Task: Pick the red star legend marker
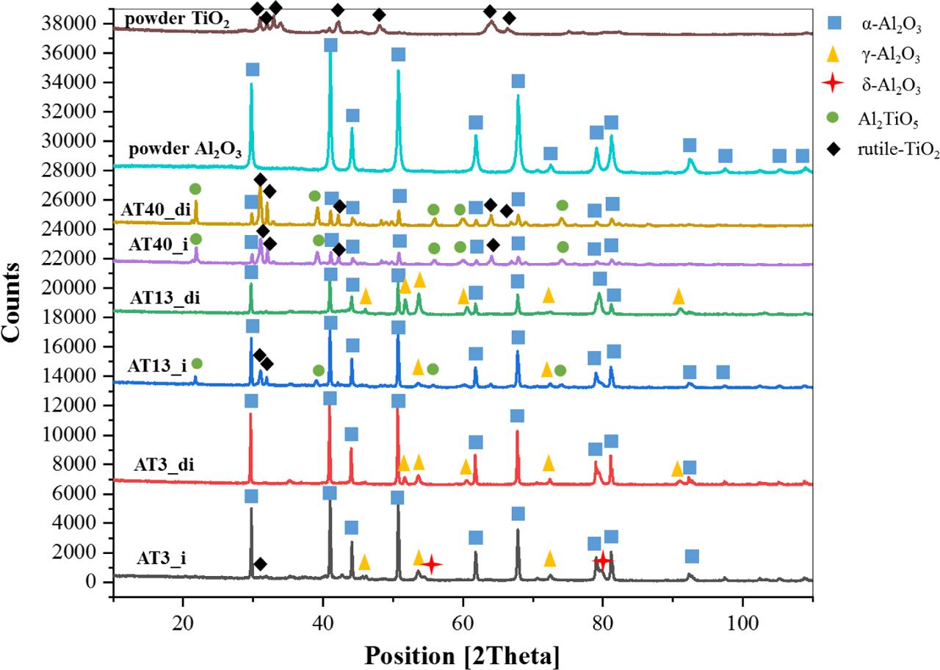click(831, 84)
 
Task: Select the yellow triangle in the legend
click(831, 53)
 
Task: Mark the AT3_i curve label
click(161, 558)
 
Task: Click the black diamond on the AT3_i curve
click(259, 563)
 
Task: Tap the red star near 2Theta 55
click(432, 564)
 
